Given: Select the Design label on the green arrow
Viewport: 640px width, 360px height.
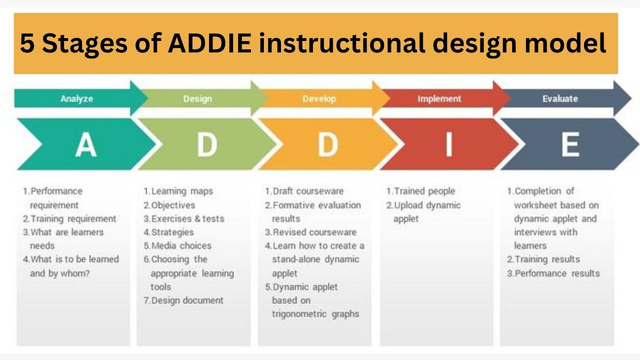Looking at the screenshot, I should (197, 99).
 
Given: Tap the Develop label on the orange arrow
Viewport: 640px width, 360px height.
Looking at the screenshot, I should (319, 99).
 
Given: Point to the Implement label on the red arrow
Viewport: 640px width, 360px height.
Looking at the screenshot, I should (439, 99).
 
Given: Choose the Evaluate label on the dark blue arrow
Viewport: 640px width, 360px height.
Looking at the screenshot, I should (560, 99).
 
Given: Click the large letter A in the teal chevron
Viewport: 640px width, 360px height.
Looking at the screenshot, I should (85, 145).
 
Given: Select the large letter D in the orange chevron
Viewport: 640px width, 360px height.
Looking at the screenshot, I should (328, 145).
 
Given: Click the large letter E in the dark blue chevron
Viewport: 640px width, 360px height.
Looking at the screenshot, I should (570, 145).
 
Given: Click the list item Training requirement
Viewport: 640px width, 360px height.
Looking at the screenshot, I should (69, 219).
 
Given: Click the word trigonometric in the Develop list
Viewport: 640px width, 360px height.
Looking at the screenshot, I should (297, 314).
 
